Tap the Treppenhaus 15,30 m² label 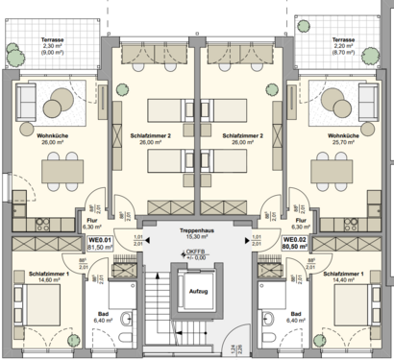(x=198, y=235)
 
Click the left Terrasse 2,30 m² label (x=53, y=48)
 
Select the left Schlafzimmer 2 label (x=148, y=141)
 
